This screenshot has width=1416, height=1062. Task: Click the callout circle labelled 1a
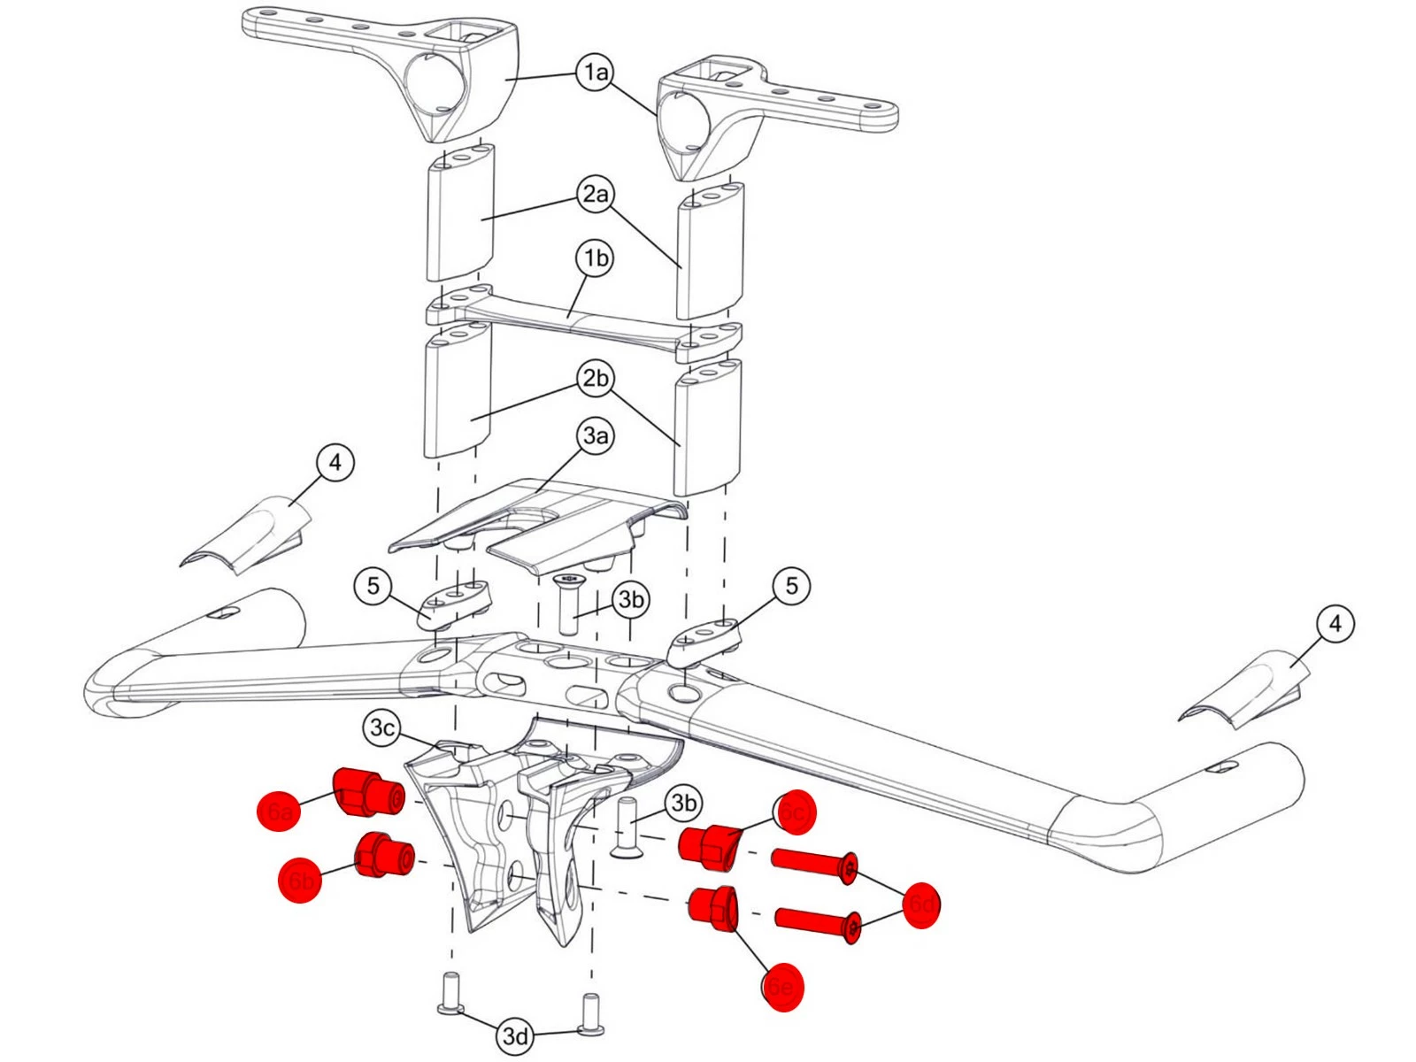pyautogui.click(x=596, y=72)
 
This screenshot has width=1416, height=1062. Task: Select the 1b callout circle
pyautogui.click(x=596, y=258)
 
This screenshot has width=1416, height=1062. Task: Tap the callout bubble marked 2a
pyautogui.click(x=596, y=194)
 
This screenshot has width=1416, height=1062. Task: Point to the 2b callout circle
pyautogui.click(x=596, y=379)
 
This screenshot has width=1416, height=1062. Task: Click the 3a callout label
pyautogui.click(x=596, y=435)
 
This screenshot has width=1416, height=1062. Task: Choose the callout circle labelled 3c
pyautogui.click(x=381, y=728)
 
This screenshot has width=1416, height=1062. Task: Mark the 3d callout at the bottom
pyautogui.click(x=515, y=1035)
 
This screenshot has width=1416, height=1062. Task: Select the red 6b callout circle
pyautogui.click(x=300, y=881)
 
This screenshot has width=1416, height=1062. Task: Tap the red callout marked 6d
pyautogui.click(x=920, y=904)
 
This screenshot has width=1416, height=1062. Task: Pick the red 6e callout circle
pyautogui.click(x=782, y=987)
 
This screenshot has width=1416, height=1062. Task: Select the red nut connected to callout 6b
pyautogui.click(x=383, y=856)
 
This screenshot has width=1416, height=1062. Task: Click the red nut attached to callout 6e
pyautogui.click(x=713, y=909)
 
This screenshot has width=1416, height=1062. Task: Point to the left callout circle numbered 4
pyautogui.click(x=335, y=463)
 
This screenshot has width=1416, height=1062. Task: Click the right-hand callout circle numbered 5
pyautogui.click(x=791, y=586)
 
